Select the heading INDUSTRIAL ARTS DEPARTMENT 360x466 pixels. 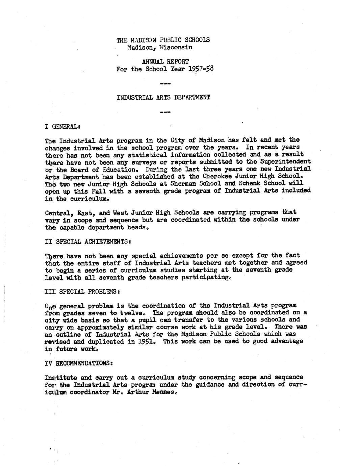(x=163, y=98)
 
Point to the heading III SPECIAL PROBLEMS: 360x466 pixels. (x=82, y=291)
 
